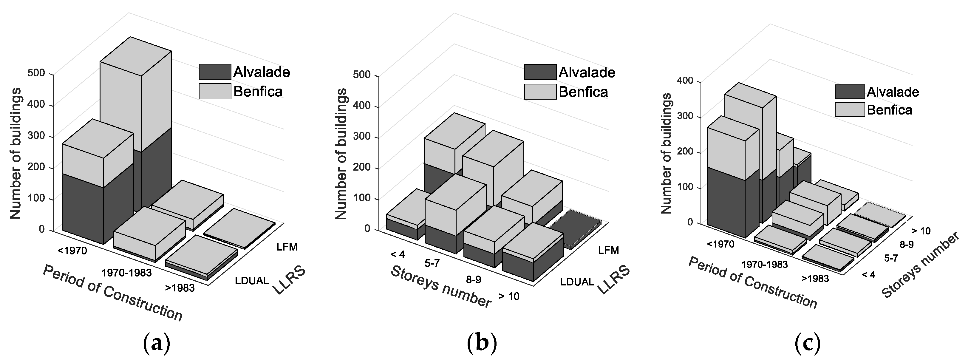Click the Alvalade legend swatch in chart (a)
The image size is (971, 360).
(215, 72)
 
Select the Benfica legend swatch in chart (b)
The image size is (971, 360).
(540, 92)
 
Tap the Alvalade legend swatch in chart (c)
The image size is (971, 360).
(850, 92)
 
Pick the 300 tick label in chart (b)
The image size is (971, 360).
(361, 136)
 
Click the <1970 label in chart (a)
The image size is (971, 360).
(72, 250)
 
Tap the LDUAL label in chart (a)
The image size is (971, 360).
(252, 280)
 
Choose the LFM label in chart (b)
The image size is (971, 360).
(608, 250)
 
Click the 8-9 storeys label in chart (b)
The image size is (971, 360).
(474, 279)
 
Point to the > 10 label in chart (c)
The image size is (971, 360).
(921, 231)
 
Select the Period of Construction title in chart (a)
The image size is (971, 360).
(112, 293)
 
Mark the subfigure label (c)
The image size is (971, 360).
(807, 343)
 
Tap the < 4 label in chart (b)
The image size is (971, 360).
(397, 254)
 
